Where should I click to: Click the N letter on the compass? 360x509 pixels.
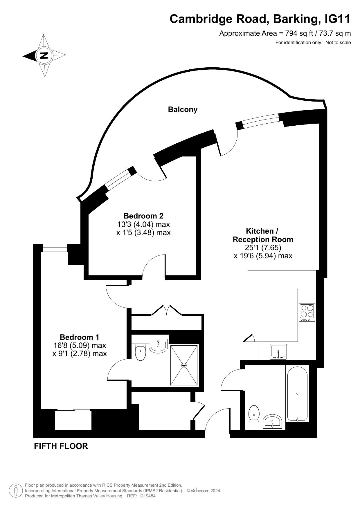tap(44, 55)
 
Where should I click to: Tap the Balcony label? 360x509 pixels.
tap(183, 109)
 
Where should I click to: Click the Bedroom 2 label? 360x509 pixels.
tap(143, 216)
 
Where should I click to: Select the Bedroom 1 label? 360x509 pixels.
tap(80, 337)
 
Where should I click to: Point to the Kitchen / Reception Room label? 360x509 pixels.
tap(263, 235)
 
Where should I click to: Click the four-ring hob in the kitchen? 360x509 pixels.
tap(307, 313)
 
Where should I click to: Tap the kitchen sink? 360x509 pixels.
tap(278, 352)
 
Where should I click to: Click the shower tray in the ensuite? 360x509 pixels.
tap(184, 365)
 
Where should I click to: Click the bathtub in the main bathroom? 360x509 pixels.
tap(297, 394)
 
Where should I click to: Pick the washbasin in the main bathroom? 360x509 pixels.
tap(272, 421)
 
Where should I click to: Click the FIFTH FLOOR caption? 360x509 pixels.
tap(61, 446)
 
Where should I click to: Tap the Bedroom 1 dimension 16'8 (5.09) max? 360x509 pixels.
tap(80, 345)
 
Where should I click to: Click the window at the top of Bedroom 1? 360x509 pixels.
tap(55, 248)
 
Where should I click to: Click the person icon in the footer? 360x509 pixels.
tap(16, 490)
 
